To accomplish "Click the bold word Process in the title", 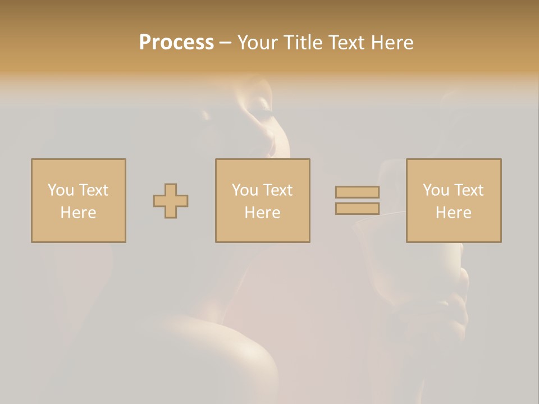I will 176,43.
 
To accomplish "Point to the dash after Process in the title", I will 226,43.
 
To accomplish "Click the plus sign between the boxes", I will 171,201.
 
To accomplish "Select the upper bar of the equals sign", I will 357,192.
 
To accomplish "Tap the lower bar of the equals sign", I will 357,209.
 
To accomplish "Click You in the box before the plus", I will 61,190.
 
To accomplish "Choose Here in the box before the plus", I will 78,213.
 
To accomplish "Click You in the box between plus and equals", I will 245,190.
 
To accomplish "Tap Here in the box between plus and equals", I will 262,213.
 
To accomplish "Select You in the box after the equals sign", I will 436,190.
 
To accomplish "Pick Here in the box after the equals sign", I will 453,213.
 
